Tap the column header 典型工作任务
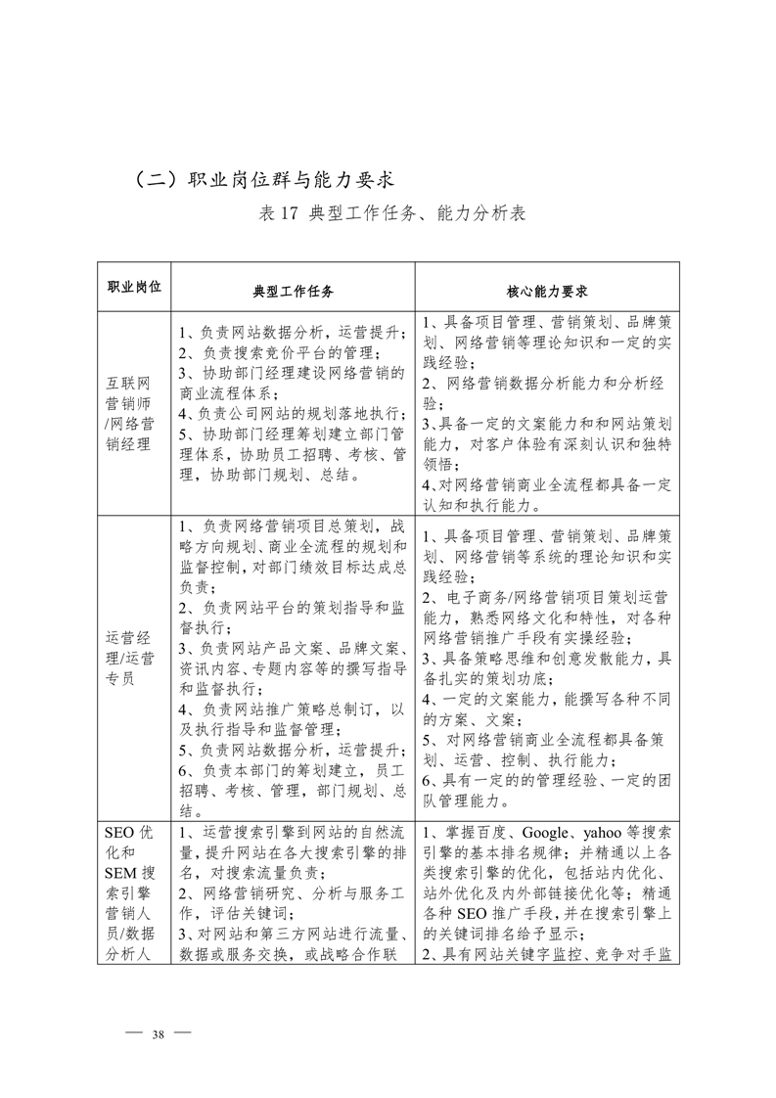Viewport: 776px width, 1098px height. click(x=294, y=291)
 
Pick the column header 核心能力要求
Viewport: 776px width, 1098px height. click(x=546, y=291)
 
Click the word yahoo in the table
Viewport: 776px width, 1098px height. click(x=606, y=833)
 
